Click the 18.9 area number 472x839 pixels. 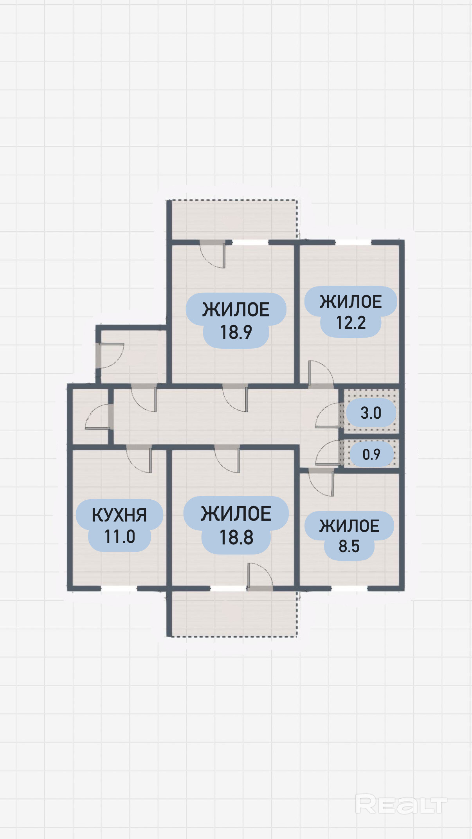tap(236, 332)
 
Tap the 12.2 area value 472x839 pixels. tap(351, 322)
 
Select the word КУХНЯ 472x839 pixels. tap(119, 515)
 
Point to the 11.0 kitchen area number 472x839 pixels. tap(120, 537)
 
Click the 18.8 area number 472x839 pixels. tap(236, 537)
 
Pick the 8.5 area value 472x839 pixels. tap(349, 546)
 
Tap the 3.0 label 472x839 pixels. tap(371, 413)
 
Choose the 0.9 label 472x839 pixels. tap(371, 454)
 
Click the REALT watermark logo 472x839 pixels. tap(401, 804)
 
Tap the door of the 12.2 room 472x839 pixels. tap(321, 374)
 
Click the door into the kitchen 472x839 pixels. tap(139, 459)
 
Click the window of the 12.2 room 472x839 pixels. tap(353, 243)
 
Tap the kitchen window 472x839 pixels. tap(119, 589)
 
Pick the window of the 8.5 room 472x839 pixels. tap(349, 589)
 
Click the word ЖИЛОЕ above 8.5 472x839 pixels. tap(349, 526)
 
